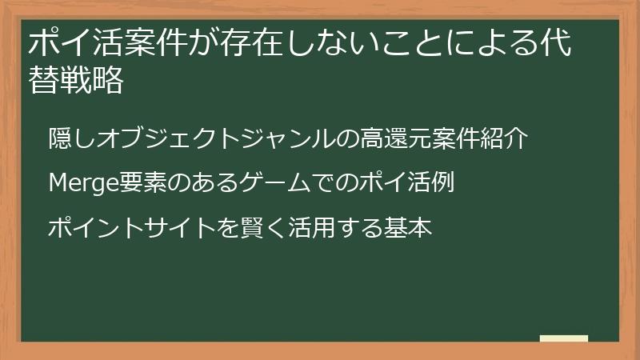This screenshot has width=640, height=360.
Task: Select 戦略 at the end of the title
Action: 91,80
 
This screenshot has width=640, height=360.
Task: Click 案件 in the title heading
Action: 150,44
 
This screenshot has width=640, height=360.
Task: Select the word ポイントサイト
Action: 119,228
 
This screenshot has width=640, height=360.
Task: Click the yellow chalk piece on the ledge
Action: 564,338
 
